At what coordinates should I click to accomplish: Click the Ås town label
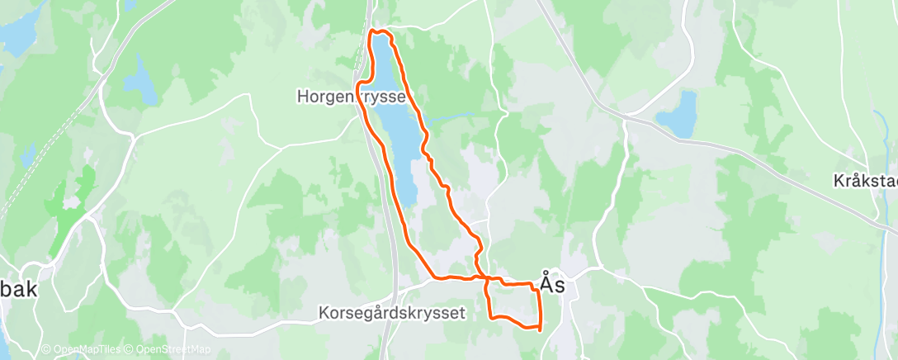point(552,283)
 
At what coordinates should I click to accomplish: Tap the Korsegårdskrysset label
point(392,313)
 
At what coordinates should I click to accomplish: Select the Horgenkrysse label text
point(351,97)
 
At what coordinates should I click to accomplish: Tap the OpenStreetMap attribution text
point(173,350)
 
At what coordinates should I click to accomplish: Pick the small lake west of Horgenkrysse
point(139,79)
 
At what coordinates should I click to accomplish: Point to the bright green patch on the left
point(74,206)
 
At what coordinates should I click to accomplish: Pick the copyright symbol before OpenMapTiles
point(46,350)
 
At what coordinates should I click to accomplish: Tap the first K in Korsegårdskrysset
point(324,313)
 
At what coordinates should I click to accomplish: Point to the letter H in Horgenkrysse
point(302,97)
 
